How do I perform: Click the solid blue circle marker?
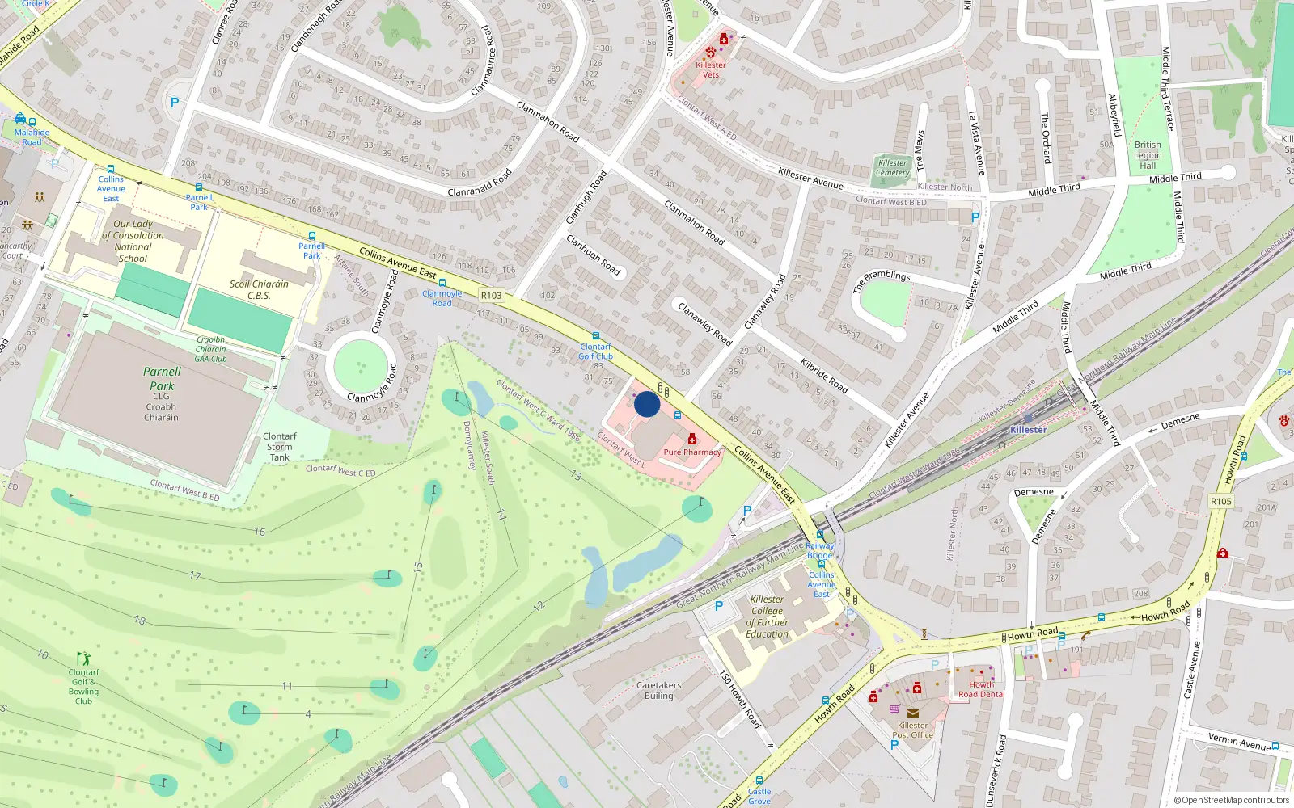[647, 404]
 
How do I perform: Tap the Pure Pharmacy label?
[691, 452]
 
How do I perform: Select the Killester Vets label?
[711, 69]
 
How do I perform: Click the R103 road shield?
[491, 296]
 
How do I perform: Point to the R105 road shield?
[1221, 502]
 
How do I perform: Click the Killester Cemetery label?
[892, 167]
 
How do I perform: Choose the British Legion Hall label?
[1147, 155]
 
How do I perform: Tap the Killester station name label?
[1028, 430]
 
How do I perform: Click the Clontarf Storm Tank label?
[280, 447]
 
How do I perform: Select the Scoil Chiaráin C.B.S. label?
[259, 289]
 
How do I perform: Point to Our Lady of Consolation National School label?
[133, 241]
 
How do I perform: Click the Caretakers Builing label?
[658, 690]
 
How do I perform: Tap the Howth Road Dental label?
[981, 689]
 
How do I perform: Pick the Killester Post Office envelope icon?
[912, 713]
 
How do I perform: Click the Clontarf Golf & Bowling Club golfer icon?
[83, 659]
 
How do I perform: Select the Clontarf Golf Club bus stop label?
[595, 351]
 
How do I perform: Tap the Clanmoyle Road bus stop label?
[442, 298]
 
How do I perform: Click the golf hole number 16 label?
[259, 532]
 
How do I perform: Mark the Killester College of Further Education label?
[767, 617]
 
